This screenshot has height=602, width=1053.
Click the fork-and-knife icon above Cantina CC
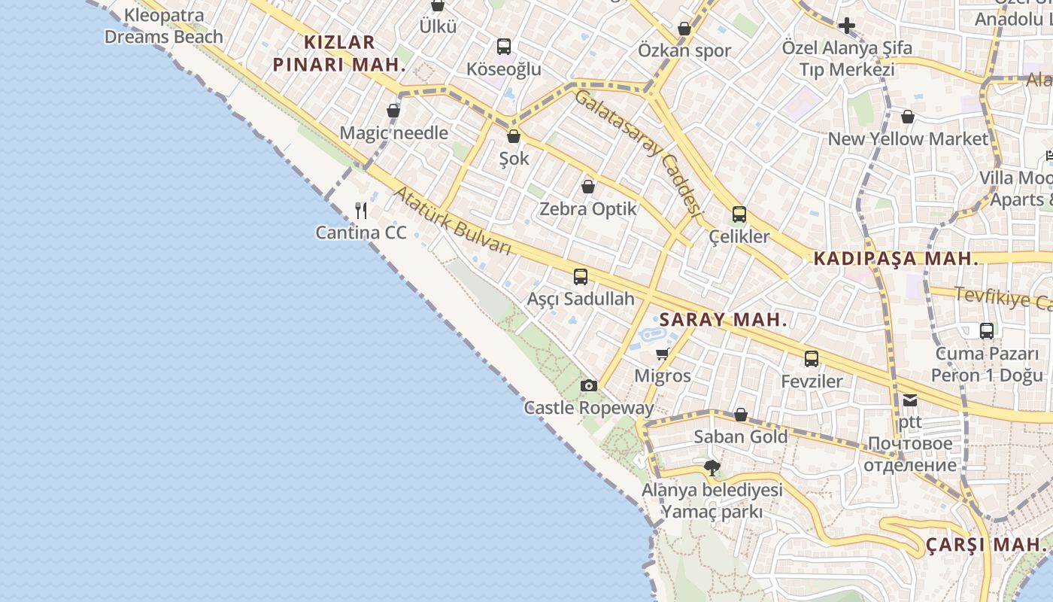[361, 210]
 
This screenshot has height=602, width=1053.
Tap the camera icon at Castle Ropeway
[589, 386]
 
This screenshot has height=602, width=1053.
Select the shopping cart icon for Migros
[662, 354]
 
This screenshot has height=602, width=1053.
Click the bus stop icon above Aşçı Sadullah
[580, 277]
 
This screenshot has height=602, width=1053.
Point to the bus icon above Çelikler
[739, 214]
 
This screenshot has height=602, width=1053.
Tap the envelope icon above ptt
[910, 400]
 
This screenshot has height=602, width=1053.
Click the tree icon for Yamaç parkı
[712, 468]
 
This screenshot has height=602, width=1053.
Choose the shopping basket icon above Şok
[514, 136]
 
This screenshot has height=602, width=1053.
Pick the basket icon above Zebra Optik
[588, 187]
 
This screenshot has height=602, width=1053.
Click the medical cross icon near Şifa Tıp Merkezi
[847, 26]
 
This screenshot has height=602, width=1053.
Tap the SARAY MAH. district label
[723, 320]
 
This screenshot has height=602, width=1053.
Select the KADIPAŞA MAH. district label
[896, 259]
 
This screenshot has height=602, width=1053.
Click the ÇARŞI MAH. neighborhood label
[985, 544]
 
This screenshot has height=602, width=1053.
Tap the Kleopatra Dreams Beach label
[163, 26]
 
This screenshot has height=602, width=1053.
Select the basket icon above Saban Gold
[740, 415]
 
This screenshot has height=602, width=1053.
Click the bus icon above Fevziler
[811, 359]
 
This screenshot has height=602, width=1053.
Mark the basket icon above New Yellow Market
[908, 117]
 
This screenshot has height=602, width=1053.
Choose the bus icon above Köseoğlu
[503, 47]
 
